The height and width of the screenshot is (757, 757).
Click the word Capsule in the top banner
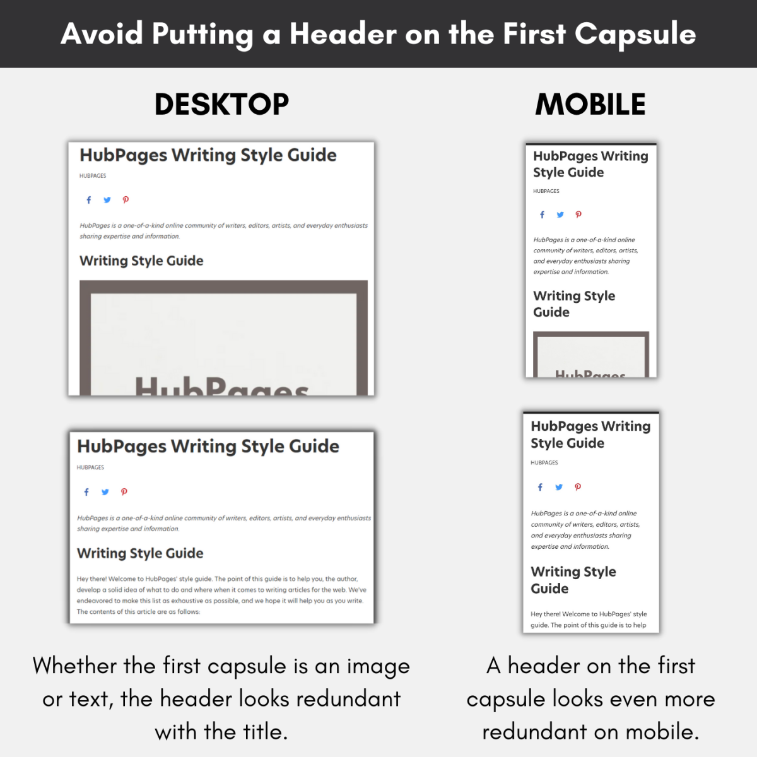[x=635, y=34]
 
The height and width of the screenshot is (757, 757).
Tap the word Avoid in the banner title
[x=102, y=34]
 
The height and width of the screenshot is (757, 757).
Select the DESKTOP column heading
[x=221, y=104]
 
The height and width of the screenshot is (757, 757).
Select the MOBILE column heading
[x=590, y=104]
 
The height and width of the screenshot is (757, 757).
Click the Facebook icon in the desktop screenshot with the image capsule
[x=89, y=200]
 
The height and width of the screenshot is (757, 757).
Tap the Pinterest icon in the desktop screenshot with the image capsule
[x=126, y=200]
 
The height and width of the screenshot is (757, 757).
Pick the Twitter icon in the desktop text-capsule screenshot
[x=105, y=492]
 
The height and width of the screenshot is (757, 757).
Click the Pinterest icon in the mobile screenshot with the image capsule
[x=578, y=214]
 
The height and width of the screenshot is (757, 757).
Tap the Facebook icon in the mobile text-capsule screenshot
[x=540, y=487]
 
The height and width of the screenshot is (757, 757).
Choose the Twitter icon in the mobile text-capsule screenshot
[x=559, y=487]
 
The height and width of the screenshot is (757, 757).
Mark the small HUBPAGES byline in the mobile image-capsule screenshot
[x=546, y=191]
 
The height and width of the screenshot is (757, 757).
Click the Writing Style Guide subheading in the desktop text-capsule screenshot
[x=140, y=553]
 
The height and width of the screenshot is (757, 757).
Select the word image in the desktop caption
[x=378, y=667]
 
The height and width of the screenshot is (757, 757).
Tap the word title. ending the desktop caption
[x=259, y=732]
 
